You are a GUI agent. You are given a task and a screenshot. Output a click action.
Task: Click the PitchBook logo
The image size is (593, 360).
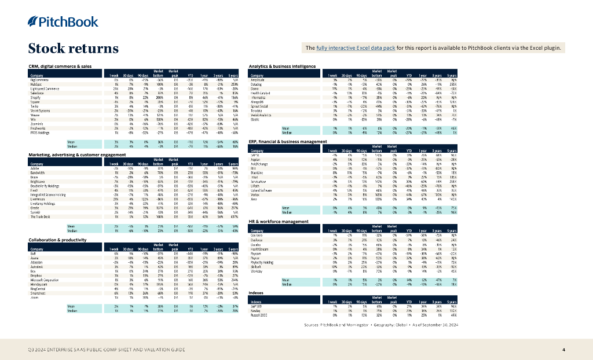(56, 22)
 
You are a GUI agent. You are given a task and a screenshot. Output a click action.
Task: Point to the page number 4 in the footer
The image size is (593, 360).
(563, 350)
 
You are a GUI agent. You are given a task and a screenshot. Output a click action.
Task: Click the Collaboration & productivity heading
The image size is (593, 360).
(54, 239)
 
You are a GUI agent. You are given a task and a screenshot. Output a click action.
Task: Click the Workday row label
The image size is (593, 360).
(257, 271)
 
